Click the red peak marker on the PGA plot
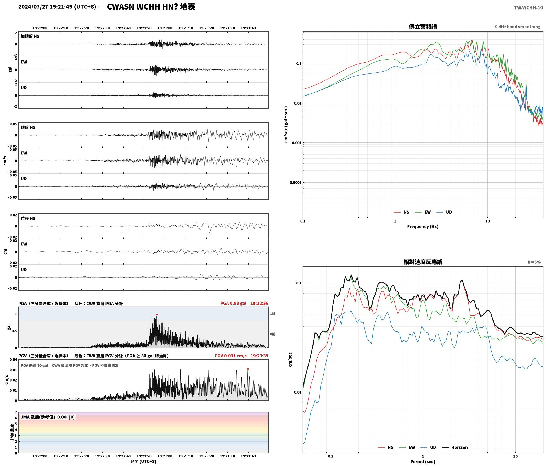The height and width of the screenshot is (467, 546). pyautogui.click(x=157, y=315)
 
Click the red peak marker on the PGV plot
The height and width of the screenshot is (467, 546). pyautogui.click(x=248, y=369)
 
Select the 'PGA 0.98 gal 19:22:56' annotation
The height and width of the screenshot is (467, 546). pyautogui.click(x=244, y=303)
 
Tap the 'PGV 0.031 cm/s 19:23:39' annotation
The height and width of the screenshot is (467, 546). pyautogui.click(x=241, y=356)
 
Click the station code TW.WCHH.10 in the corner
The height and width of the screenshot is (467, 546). pyautogui.click(x=528, y=8)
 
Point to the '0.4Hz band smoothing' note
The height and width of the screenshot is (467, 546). pyautogui.click(x=518, y=27)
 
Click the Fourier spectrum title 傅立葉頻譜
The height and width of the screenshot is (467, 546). pyautogui.click(x=423, y=27)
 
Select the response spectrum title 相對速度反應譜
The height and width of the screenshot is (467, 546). pyautogui.click(x=423, y=262)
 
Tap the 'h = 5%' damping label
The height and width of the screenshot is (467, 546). pyautogui.click(x=534, y=262)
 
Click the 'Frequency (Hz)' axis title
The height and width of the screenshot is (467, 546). pyautogui.click(x=423, y=227)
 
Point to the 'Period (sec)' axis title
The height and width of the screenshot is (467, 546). pyautogui.click(x=423, y=462)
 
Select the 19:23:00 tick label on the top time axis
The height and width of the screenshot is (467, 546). pyautogui.click(x=165, y=28)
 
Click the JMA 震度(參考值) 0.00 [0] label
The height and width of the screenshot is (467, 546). pyautogui.click(x=48, y=417)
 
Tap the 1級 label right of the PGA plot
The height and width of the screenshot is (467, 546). pyautogui.click(x=273, y=314)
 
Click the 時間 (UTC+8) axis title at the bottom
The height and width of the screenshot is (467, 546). pyautogui.click(x=143, y=461)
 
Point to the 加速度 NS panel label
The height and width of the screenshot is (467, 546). pyautogui.click(x=30, y=36)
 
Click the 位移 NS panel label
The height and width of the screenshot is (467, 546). pyautogui.click(x=28, y=218)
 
